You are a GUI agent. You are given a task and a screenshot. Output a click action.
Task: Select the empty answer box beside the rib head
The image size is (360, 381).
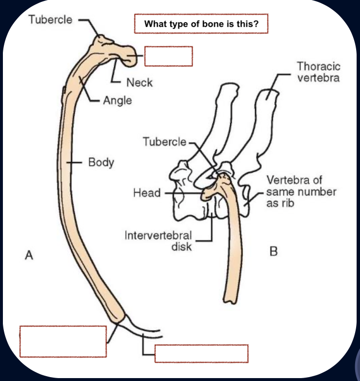click(x=168, y=56)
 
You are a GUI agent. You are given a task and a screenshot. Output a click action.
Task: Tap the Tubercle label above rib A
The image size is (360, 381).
click(x=51, y=20)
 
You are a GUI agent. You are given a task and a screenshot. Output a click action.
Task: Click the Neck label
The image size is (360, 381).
click(x=139, y=83)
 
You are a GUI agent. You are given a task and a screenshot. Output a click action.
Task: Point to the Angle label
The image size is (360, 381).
click(x=117, y=101)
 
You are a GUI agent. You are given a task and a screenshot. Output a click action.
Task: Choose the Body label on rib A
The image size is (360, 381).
click(x=101, y=162)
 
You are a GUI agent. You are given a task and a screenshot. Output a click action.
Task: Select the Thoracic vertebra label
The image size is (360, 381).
click(x=318, y=72)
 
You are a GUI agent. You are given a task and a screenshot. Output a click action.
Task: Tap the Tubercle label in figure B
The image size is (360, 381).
click(x=165, y=142)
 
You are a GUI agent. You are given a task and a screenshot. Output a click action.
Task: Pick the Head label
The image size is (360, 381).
click(x=147, y=193)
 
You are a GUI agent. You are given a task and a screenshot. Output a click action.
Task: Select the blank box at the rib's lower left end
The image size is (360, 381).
click(x=63, y=341)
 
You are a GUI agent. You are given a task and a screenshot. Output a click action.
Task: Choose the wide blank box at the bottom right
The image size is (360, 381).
click(x=201, y=353)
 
